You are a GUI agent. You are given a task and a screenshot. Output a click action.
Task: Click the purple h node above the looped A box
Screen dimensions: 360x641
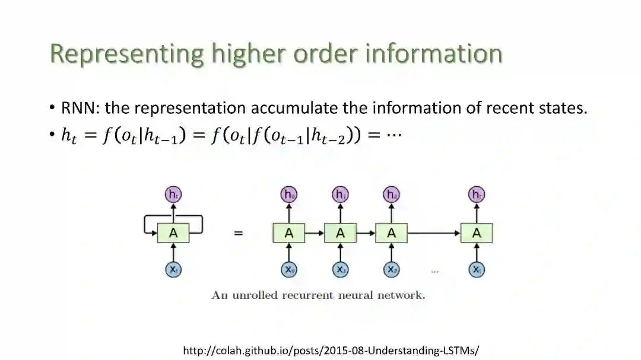pyautogui.click(x=173, y=195)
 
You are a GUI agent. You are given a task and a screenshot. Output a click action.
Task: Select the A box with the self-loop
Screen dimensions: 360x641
pyautogui.click(x=173, y=233)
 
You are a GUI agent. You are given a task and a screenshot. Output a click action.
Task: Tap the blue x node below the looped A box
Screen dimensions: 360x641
pyautogui.click(x=173, y=270)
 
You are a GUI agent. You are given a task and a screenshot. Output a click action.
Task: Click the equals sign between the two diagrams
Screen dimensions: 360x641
pyautogui.click(x=238, y=233)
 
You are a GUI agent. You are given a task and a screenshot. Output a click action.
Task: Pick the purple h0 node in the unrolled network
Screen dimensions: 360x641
pyautogui.click(x=289, y=195)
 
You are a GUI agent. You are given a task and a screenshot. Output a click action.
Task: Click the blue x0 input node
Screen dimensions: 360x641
pyautogui.click(x=289, y=270)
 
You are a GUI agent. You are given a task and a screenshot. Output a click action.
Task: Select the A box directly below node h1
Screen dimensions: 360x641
pyautogui.click(x=340, y=233)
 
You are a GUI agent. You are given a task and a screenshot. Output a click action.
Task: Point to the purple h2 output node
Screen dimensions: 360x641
pyautogui.click(x=391, y=195)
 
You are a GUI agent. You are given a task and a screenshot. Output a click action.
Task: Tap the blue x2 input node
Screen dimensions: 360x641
pyautogui.click(x=391, y=270)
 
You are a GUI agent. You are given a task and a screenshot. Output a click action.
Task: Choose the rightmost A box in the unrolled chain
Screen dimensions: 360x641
pyautogui.click(x=476, y=233)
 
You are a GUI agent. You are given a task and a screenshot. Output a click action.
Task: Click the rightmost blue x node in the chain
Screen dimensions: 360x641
pyautogui.click(x=476, y=270)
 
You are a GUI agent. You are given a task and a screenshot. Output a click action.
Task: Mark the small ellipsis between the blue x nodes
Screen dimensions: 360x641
pyautogui.click(x=434, y=272)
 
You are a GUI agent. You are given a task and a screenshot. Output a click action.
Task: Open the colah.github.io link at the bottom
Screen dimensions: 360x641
pyautogui.click(x=331, y=351)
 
